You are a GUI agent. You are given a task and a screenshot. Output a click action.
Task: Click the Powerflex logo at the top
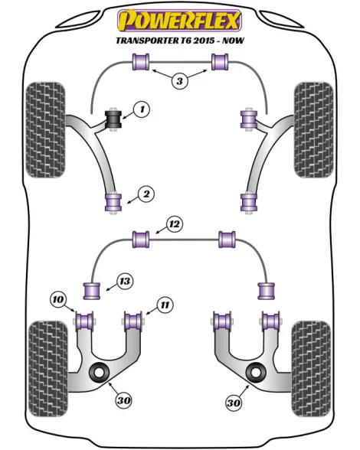click(x=179, y=20)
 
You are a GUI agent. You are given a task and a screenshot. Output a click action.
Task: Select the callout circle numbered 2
click(x=146, y=194)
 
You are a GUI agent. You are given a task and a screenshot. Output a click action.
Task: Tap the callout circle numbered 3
click(x=179, y=81)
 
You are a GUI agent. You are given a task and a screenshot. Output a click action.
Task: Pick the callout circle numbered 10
click(x=58, y=300)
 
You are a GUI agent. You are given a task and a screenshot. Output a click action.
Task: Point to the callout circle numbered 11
click(x=165, y=305)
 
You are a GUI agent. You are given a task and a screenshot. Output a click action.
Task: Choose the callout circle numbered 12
click(x=175, y=223)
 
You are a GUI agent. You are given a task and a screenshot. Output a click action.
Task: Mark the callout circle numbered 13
click(x=125, y=281)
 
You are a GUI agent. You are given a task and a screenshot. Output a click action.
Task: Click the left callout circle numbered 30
click(x=124, y=400)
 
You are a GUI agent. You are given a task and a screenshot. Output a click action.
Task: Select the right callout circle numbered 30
click(x=234, y=403)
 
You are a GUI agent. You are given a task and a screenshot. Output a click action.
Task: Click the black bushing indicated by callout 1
click(x=114, y=119)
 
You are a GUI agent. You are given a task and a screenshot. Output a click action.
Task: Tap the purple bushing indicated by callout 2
click(x=113, y=202)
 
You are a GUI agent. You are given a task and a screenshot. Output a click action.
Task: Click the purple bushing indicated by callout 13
click(x=92, y=291)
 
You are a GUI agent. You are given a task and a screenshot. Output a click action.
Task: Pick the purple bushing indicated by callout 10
click(x=84, y=321)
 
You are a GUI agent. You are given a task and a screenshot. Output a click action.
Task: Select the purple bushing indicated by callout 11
click(x=134, y=321)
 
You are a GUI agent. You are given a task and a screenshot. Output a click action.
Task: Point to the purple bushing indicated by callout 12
click(x=141, y=240)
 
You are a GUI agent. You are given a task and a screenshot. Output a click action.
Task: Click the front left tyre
click(x=45, y=130)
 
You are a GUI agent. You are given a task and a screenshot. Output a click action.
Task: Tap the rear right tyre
click(x=311, y=369)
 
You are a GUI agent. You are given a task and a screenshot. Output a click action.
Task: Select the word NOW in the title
click(x=234, y=40)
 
